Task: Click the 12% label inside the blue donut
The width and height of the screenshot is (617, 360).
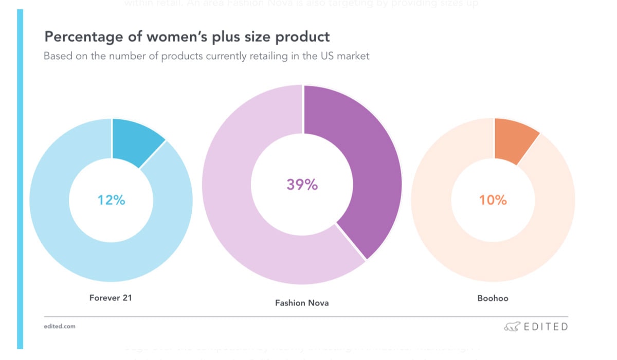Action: coord(112,200)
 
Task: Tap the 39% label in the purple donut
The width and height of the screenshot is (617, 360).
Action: coord(302,184)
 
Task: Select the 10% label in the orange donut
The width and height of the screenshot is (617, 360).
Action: coord(493,200)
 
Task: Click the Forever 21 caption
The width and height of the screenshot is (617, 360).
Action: coord(111,297)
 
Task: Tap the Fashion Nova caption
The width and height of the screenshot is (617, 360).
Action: coord(302,303)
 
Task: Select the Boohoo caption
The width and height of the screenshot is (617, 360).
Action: coord(493,298)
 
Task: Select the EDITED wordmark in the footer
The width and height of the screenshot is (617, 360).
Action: coord(546,327)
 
